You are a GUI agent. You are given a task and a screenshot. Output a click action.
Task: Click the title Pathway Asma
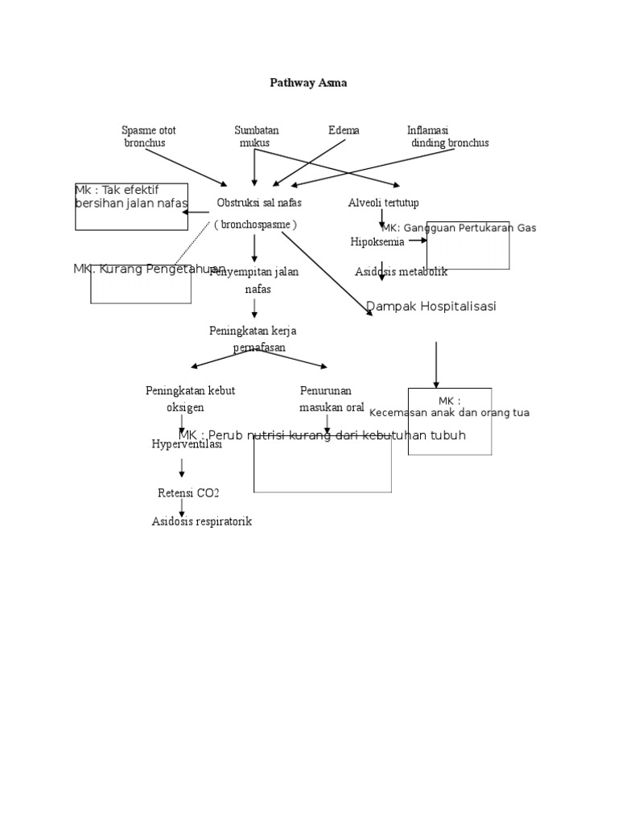pos(308,83)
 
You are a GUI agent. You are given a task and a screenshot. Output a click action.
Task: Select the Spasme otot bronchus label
pos(147,136)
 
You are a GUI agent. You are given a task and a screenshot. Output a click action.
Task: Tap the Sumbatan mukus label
pos(256,136)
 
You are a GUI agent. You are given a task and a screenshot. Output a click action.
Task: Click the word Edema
pos(344,130)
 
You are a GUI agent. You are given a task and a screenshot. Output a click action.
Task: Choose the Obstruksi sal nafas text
pos(259,203)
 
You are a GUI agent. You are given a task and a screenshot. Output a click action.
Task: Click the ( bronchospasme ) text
pos(255,225)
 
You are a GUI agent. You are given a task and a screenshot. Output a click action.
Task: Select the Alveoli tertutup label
pos(383,203)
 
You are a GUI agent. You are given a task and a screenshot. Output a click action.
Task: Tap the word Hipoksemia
pos(377,242)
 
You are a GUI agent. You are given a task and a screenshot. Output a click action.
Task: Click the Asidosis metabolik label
pos(401,272)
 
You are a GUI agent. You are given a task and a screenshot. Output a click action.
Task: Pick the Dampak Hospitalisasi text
pos(431,307)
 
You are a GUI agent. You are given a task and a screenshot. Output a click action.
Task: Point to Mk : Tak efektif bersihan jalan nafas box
pos(131,206)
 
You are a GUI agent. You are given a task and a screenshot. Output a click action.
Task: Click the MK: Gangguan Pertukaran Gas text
pos(459,229)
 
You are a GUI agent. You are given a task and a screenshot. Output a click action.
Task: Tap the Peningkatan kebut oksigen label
pos(190,399)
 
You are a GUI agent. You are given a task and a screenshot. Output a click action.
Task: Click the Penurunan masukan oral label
pos(332,399)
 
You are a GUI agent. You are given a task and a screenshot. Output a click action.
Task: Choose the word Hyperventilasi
pos(187,444)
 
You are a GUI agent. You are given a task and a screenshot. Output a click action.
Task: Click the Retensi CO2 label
pos(188,493)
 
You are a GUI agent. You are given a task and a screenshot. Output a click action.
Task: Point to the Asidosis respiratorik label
pos(202,521)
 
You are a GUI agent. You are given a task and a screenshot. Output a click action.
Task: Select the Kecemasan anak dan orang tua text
pos(449,413)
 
